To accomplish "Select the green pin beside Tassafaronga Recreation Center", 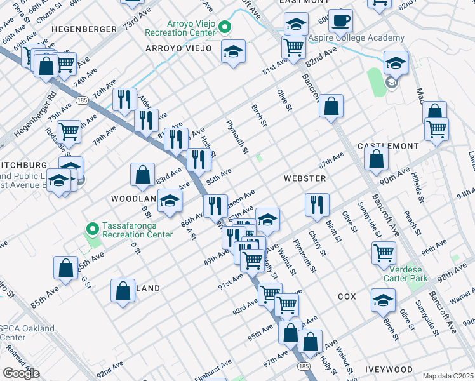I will tap(93, 227).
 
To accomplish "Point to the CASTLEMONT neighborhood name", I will tap(387, 146).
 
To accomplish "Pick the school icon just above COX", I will tap(383, 300).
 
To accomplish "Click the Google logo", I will tap(21, 373).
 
